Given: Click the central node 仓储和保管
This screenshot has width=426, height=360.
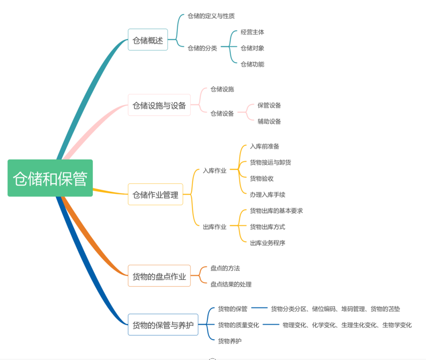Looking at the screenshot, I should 50,178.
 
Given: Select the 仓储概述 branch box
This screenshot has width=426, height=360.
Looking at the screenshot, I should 147,40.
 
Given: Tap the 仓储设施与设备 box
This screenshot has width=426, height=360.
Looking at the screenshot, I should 159,106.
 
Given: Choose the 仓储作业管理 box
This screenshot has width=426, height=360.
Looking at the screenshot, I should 155,194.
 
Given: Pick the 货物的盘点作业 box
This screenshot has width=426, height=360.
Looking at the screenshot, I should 159,276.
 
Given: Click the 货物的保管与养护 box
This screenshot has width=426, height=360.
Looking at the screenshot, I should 163,325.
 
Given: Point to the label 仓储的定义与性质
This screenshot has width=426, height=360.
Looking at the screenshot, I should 211,16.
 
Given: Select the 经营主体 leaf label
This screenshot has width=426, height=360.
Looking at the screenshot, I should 252,32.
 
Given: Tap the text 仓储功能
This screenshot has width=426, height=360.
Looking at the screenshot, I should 252,64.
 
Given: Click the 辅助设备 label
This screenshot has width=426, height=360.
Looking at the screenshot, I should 269,121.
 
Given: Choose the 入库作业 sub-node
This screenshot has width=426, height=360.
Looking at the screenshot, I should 214,170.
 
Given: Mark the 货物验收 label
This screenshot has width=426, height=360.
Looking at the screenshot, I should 261,178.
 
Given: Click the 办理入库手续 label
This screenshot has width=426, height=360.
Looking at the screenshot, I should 267,194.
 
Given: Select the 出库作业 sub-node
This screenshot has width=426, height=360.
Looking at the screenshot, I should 214,227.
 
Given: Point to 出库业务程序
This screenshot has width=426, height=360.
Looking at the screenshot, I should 267,243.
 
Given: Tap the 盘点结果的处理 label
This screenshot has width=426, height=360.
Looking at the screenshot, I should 230,284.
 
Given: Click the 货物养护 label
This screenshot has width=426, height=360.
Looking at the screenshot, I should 229,341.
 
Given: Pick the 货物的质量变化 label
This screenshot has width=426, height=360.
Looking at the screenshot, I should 238,325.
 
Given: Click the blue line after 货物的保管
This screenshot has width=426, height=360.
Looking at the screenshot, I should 259,308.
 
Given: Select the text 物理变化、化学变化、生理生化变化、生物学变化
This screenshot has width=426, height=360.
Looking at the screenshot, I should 347,325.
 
